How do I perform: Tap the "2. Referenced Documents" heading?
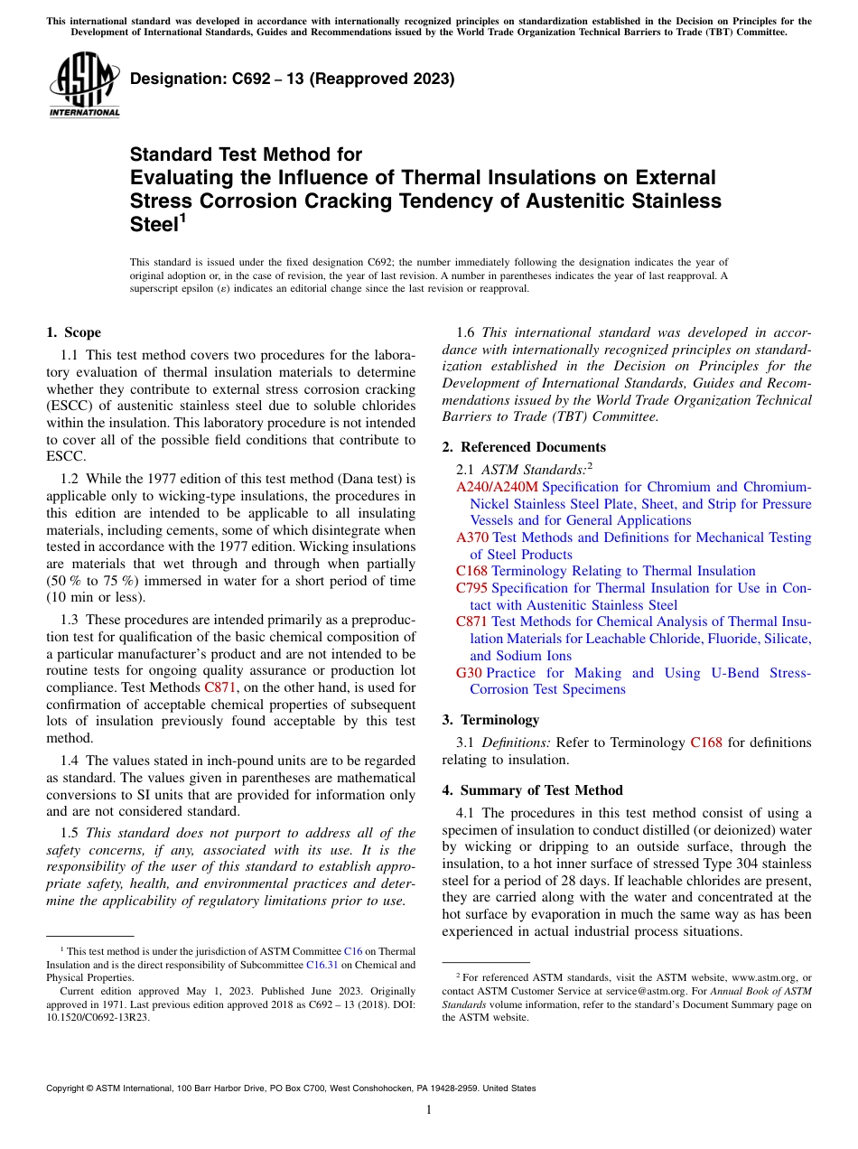click(524, 447)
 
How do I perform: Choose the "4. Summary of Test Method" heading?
click(532, 790)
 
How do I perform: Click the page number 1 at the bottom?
click(429, 1109)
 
